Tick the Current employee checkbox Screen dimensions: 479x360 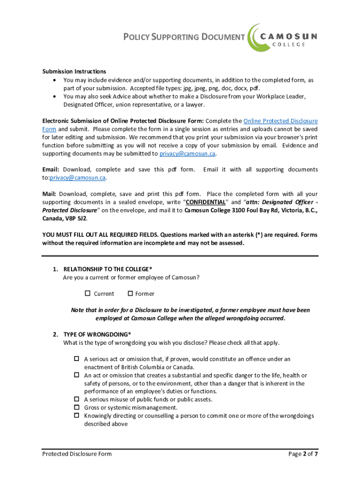(87, 294)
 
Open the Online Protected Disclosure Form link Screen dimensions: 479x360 (281, 121)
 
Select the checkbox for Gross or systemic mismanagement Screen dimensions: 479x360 (77, 407)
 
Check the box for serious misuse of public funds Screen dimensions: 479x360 (77, 399)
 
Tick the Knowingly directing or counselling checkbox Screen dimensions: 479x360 (77, 415)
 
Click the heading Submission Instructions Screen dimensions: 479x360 (74, 72)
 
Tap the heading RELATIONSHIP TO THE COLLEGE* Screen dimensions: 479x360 (108, 269)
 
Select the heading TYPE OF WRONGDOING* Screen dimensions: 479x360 (97, 334)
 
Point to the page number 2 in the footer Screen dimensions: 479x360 (305, 454)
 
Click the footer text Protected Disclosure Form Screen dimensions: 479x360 (77, 454)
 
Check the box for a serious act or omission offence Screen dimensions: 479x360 (77, 359)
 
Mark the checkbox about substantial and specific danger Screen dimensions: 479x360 (77, 375)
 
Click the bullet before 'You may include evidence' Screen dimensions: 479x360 (56, 80)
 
